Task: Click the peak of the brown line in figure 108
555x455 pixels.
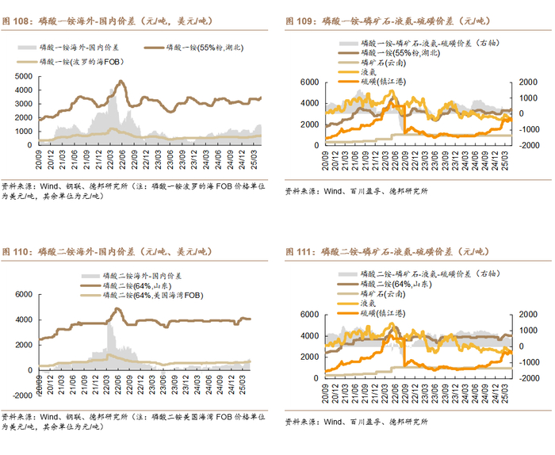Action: tap(121, 81)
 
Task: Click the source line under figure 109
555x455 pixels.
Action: tap(356, 191)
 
